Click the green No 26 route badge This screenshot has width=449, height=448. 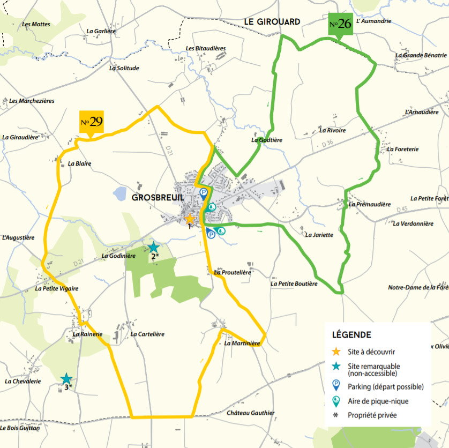click(340, 25)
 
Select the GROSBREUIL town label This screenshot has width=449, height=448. click(158, 197)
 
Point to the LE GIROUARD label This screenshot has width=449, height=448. click(272, 21)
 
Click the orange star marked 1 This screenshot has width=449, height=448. click(189, 219)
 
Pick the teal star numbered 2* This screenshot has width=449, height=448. click(153, 247)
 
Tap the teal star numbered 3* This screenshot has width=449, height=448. click(66, 379)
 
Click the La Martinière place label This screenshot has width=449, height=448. click(242, 344)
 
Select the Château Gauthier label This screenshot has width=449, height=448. click(250, 413)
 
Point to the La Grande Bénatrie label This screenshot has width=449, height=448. click(421, 55)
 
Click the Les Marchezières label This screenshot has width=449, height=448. click(32, 101)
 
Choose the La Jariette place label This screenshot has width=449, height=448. click(319, 235)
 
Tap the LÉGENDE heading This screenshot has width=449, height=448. click(351, 335)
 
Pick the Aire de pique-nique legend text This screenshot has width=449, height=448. click(373, 400)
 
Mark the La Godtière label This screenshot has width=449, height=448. click(266, 140)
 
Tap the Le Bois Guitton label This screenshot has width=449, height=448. click(20, 428)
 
